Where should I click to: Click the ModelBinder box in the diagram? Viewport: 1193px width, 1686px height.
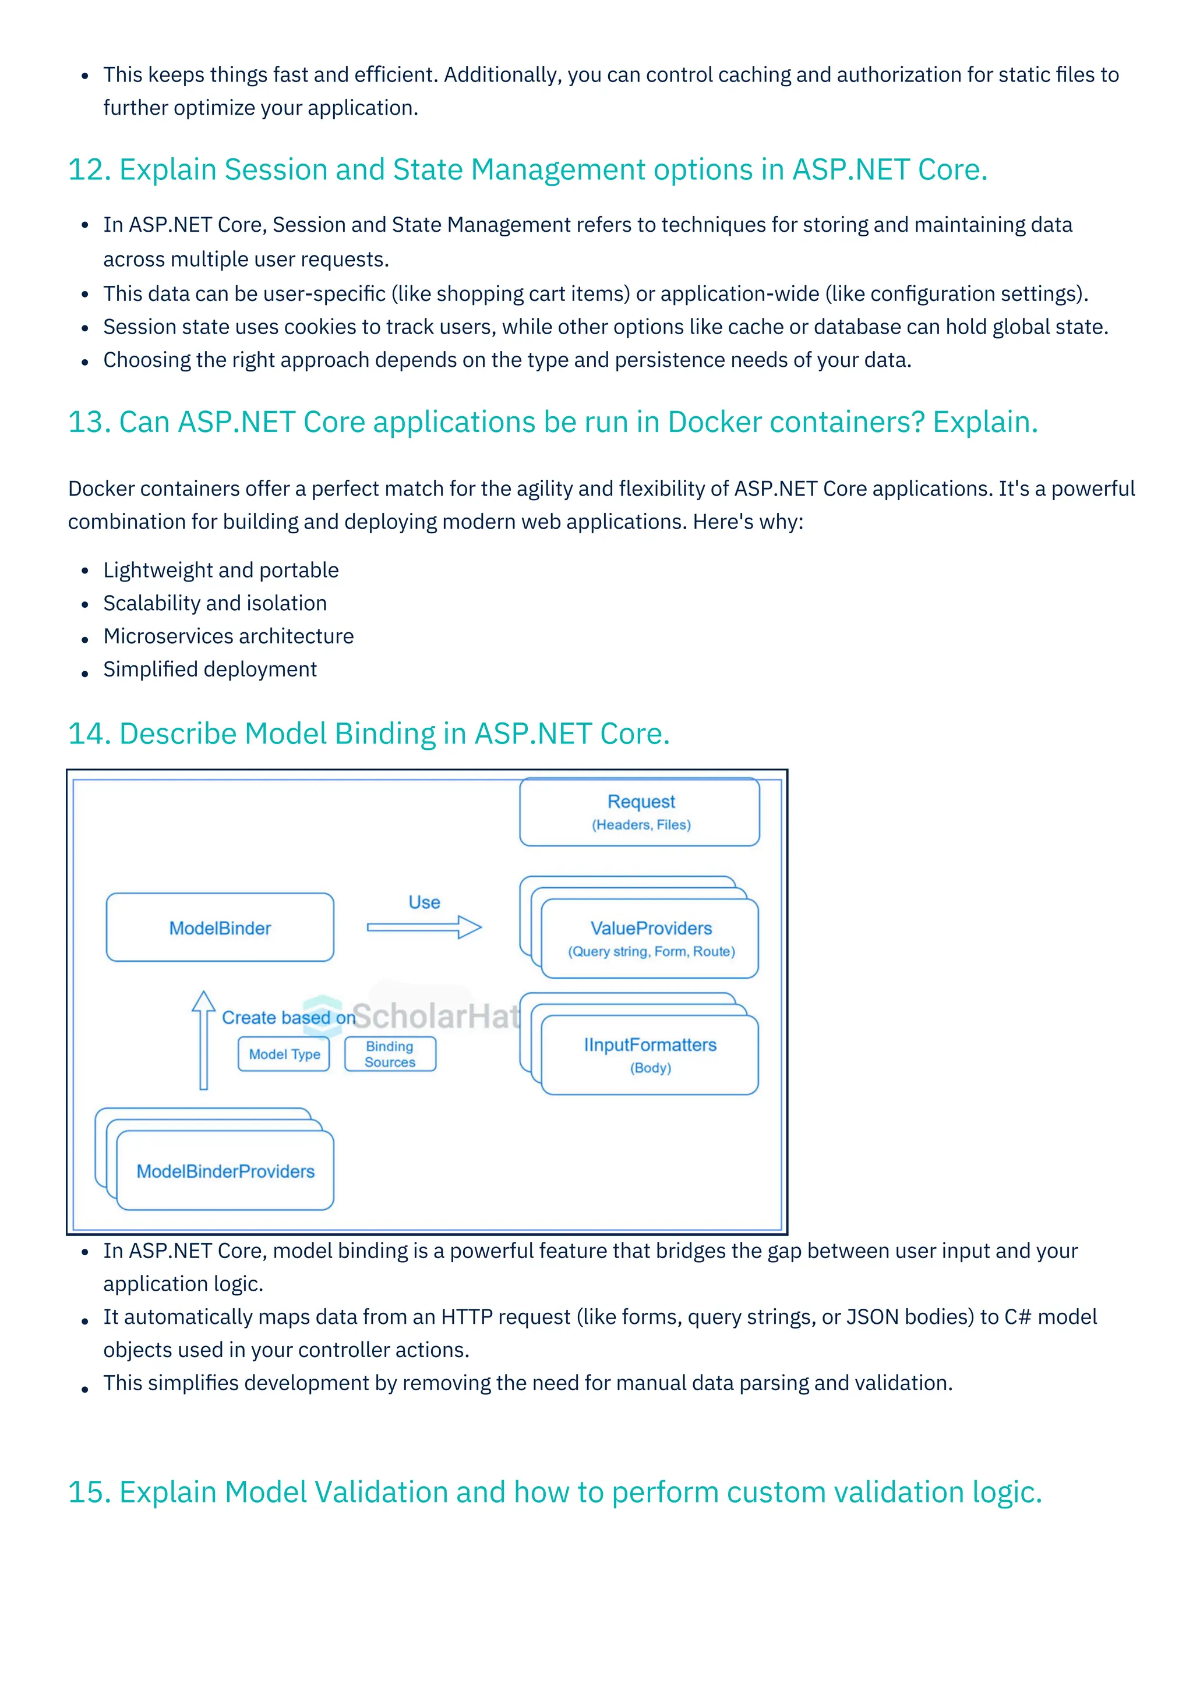tap(220, 927)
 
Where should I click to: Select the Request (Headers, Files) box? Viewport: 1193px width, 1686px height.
tap(640, 812)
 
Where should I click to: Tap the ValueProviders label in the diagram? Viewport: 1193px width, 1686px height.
tap(651, 928)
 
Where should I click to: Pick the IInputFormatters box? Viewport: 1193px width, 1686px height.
tap(650, 1054)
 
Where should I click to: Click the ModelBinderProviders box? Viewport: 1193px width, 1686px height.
tap(225, 1171)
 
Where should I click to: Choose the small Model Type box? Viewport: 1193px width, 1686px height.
tap(284, 1054)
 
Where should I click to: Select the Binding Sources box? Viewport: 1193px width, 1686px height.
tap(390, 1054)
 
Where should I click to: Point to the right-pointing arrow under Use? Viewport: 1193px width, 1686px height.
tap(424, 927)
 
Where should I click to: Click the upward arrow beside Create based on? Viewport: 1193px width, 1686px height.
tap(203, 1039)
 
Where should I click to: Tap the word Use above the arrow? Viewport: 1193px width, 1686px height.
tap(424, 902)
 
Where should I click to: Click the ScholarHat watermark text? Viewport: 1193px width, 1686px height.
tap(436, 1016)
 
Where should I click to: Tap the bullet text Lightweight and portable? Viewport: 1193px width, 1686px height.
tap(220, 570)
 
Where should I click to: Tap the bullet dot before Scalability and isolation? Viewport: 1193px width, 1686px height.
tap(85, 604)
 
